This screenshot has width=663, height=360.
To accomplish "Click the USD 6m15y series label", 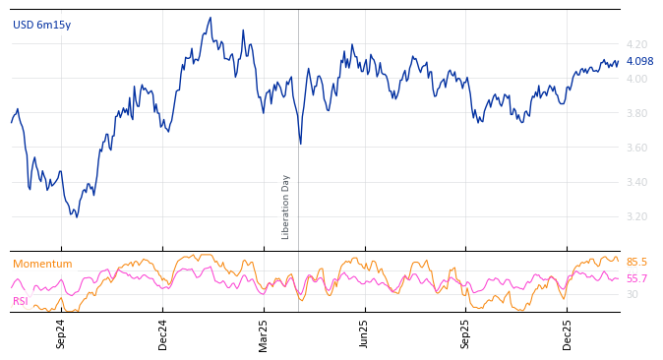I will (41, 25).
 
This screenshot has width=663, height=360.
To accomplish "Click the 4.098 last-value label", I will (639, 62).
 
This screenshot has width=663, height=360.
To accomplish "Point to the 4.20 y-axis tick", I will (636, 44).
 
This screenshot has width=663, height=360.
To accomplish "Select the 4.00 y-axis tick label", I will (636, 79).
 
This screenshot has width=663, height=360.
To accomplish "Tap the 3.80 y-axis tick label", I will (636, 113).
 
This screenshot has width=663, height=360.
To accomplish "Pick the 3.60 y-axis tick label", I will (636, 148).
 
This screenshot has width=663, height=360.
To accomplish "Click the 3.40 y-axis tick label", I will (636, 182).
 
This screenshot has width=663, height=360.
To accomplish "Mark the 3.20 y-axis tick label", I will (636, 216).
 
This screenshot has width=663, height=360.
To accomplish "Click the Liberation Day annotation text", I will (286, 207).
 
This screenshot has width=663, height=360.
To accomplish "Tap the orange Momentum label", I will (42, 264).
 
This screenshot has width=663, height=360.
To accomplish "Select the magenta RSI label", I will (20, 301).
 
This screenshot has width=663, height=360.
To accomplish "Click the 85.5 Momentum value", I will (636, 263).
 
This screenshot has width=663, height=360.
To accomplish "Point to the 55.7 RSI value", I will (636, 279).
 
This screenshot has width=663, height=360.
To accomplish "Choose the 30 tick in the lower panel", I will (632, 294).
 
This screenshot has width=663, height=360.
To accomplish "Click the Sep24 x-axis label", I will (61, 333).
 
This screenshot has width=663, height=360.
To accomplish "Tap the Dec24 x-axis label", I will (163, 333).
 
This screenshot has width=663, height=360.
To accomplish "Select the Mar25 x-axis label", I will (264, 333).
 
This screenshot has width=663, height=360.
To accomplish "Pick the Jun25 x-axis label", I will (365, 333).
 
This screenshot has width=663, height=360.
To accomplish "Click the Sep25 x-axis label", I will (466, 333).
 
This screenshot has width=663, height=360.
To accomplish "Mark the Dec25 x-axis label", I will (568, 333).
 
